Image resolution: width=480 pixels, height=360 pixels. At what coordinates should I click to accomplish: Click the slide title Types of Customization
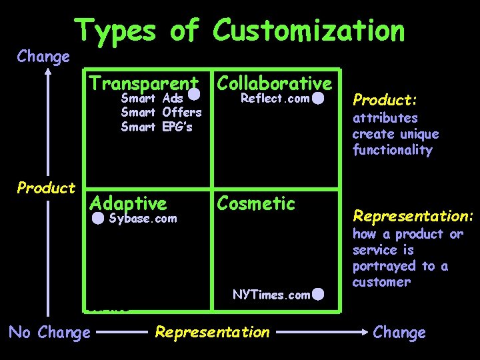[239, 31]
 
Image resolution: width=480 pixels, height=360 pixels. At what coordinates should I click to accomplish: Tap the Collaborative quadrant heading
[274, 84]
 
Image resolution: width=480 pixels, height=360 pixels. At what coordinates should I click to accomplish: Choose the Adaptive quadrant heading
[128, 203]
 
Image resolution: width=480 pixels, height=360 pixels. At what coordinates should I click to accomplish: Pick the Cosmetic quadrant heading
[256, 203]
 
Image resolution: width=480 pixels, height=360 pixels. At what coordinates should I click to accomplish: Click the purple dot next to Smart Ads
[195, 95]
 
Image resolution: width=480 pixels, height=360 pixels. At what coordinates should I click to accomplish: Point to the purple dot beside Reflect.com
[318, 99]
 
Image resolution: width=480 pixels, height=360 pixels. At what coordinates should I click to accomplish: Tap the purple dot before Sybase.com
[98, 218]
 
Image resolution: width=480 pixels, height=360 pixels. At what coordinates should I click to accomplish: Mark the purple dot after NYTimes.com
[318, 294]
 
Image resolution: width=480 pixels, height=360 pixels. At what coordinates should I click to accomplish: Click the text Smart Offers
[161, 113]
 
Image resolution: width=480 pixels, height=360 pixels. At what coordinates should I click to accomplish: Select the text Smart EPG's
[156, 127]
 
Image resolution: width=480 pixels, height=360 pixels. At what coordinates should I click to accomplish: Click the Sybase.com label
[143, 218]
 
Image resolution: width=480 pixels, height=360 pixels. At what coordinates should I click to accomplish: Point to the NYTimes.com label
[271, 295]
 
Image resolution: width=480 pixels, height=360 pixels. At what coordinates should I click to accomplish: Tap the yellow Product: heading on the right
[385, 101]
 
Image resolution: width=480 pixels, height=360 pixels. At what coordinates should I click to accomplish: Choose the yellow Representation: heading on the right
[413, 216]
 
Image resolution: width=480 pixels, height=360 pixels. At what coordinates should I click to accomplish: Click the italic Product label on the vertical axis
[46, 188]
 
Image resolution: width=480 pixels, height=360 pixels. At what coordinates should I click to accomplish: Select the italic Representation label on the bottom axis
[212, 332]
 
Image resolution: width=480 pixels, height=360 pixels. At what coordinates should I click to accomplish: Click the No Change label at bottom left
[49, 332]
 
